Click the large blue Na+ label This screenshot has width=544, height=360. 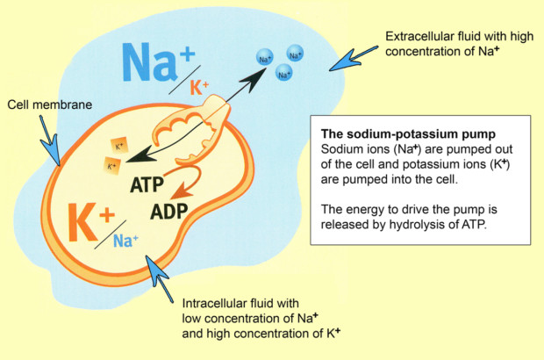click(x=158, y=62)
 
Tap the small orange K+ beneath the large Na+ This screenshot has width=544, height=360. click(x=199, y=88)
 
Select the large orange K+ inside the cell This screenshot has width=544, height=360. click(x=91, y=221)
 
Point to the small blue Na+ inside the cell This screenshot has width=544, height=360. click(x=125, y=241)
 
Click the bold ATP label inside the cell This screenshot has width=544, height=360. click(x=147, y=184)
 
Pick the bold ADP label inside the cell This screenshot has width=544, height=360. click(x=169, y=212)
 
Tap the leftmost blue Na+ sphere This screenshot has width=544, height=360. click(x=265, y=58)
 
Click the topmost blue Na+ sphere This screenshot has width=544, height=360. click(x=295, y=54)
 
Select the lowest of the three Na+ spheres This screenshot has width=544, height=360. click(x=283, y=73)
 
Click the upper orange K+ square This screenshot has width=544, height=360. click(x=119, y=146)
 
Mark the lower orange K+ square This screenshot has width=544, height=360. click(x=111, y=166)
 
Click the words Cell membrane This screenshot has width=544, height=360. click(x=50, y=104)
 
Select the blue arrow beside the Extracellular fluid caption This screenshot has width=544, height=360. click(x=354, y=58)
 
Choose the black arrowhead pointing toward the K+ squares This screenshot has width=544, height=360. click(x=140, y=155)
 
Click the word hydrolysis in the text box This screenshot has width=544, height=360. click(x=419, y=225)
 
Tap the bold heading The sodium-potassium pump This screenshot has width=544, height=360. click(x=408, y=134)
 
